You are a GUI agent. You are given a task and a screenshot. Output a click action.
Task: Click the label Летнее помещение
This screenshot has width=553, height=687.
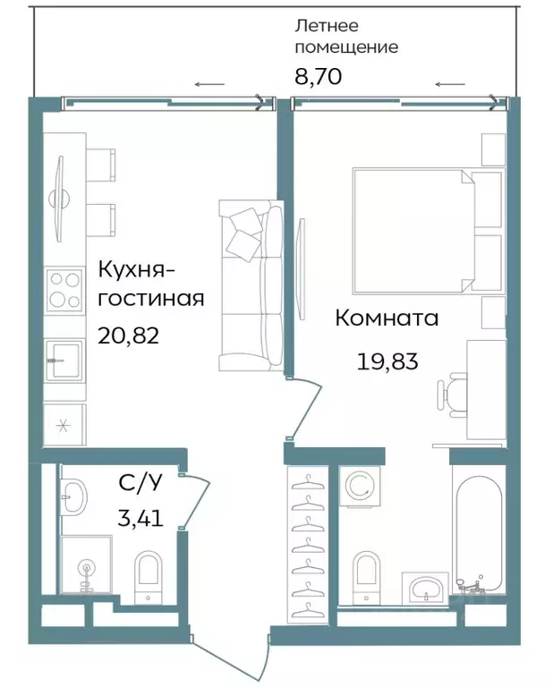pyautogui.click(x=346, y=37)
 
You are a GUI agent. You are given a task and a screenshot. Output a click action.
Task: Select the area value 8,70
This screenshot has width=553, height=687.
pyautogui.click(x=318, y=75)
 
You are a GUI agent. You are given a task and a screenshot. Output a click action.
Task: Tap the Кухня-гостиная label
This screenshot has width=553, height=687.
pyautogui.click(x=150, y=284)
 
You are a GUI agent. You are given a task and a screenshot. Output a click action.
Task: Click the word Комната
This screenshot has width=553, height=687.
pyautogui.click(x=387, y=318)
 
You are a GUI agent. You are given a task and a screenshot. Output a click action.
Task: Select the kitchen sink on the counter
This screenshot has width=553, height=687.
pyautogui.click(x=65, y=360)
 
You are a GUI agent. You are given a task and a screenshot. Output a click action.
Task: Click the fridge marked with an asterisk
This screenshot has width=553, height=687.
pyautogui.click(x=64, y=424)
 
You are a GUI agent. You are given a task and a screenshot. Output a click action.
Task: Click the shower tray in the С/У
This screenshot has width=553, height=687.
pyautogui.click(x=86, y=564)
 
